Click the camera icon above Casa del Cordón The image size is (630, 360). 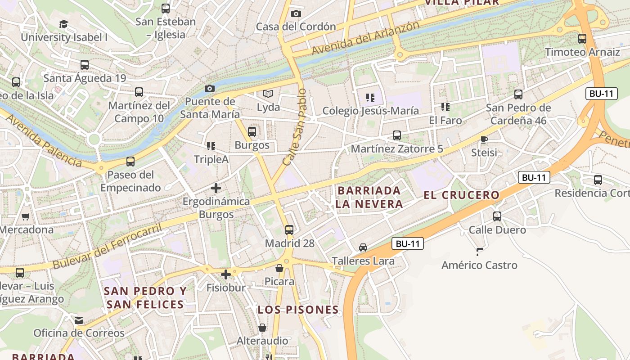tap(296, 13)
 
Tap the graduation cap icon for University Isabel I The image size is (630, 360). tap(63, 24)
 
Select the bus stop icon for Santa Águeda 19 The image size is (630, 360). tap(84, 65)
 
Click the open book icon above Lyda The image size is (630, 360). tap(268, 94)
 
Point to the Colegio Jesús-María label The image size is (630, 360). tap(370, 111)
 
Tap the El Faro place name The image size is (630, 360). tap(445, 121)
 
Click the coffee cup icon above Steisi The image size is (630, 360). tap(484, 140)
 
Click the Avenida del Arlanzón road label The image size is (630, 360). tap(365, 38)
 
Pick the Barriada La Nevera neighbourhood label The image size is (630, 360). tap(369, 197)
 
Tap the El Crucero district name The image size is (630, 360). tap(461, 195)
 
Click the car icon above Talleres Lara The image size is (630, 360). tap(363, 247)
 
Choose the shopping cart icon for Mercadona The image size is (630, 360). tap(26, 216)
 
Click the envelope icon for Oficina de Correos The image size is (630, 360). tap(79, 320)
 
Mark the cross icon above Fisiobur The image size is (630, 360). tap(226, 274)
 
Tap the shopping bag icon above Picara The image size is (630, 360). tap(279, 268)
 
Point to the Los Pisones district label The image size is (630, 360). tap(298, 310)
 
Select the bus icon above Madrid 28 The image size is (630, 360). tap(289, 229)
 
